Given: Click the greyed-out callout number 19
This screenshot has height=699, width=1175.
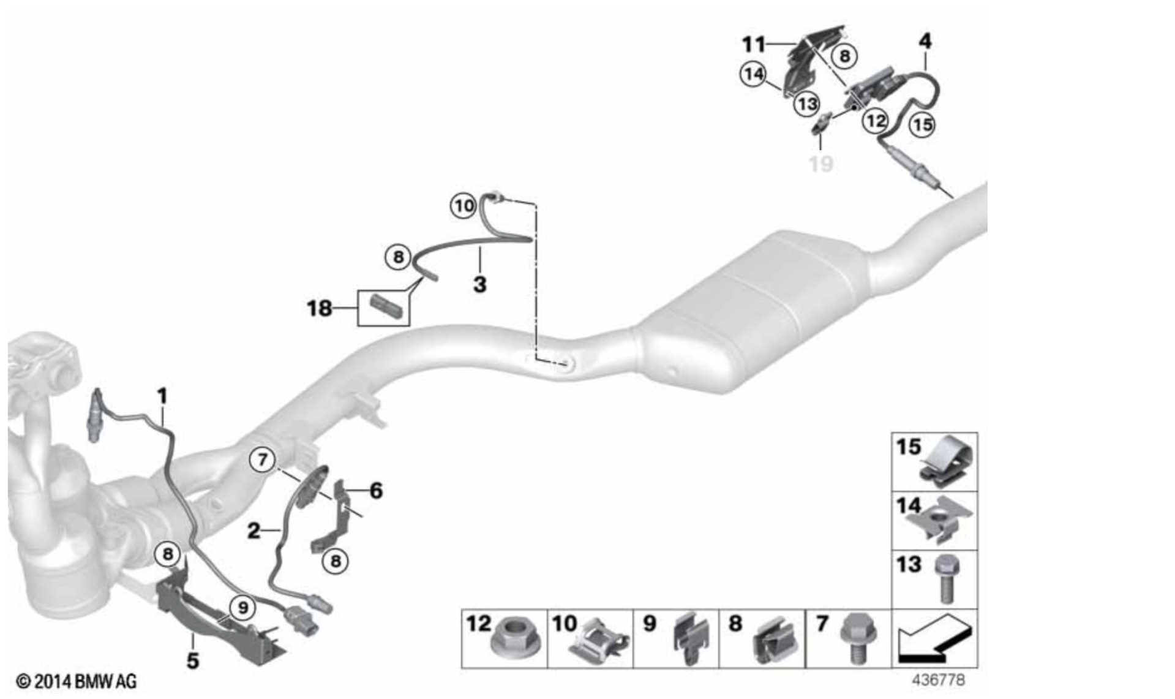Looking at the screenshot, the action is (820, 164).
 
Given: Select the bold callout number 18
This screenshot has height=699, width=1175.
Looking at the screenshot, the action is (319, 308).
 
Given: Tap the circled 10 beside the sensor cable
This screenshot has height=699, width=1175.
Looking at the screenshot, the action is (464, 206).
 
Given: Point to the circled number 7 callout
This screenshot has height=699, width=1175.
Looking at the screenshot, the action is (263, 459).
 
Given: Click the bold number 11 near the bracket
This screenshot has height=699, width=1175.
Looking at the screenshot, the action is (754, 44).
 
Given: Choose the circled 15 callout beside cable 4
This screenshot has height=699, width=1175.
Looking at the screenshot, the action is (923, 125).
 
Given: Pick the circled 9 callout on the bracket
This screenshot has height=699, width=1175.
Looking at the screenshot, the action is (243, 608).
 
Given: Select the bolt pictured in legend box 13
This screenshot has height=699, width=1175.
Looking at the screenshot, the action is (947, 578).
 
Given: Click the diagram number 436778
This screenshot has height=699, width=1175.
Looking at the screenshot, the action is (939, 681).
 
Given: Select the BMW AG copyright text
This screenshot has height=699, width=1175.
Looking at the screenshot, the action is (76, 681).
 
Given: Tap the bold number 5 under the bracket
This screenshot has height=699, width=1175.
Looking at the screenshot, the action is (193, 661).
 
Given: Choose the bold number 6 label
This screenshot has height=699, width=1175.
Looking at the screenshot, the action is (376, 491).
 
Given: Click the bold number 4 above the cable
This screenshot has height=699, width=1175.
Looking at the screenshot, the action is (925, 42).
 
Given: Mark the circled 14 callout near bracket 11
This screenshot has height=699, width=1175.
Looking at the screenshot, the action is (753, 74).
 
